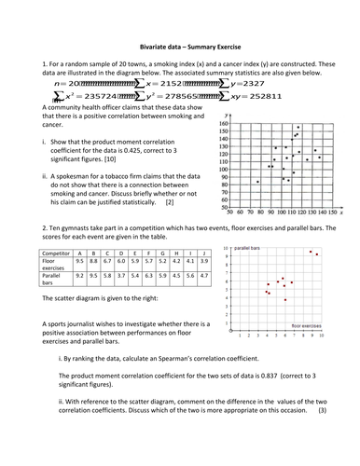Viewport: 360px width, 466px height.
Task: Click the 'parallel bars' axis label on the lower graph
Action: (248, 250)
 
